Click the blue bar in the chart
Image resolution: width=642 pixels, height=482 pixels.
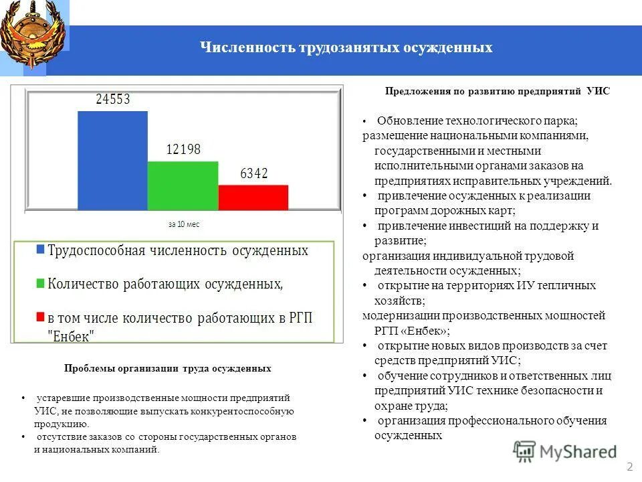point(112,161)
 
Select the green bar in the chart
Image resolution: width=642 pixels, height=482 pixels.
point(183,186)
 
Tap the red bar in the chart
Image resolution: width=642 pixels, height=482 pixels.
point(253,198)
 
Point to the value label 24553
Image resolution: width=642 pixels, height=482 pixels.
point(113,100)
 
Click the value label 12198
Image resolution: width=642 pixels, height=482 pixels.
point(183,150)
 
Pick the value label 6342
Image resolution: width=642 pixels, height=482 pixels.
point(254,174)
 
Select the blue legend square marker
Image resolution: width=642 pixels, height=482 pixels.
point(40,250)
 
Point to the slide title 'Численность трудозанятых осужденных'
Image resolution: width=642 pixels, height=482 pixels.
point(346,48)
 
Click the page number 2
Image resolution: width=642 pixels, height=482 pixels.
point(629,466)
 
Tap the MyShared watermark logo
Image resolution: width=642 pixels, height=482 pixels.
point(565,451)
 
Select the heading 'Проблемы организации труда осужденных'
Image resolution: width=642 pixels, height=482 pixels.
point(168,369)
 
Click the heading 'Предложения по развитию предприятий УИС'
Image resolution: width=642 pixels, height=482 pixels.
point(498,91)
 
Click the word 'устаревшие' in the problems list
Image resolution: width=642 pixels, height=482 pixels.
point(65,398)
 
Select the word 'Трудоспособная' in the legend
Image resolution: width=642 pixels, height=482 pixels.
point(96,250)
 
